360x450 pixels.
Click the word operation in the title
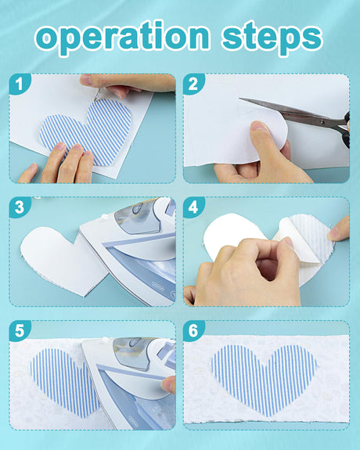point(123,37)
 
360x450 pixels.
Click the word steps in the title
point(272,38)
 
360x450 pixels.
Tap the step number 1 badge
point(20,84)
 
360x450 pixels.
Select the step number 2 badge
point(193,84)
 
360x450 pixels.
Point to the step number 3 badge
point(20,207)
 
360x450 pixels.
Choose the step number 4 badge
point(193,207)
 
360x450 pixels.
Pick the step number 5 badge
point(20,330)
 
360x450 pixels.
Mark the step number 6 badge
point(193,330)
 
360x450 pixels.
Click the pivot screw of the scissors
point(322,122)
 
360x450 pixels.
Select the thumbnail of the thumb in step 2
point(259,126)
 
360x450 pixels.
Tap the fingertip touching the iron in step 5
point(168,384)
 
